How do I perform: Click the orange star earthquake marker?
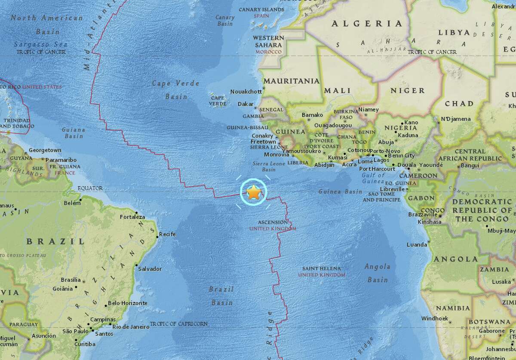[x=254, y=192]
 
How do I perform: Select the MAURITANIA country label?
[x=292, y=81]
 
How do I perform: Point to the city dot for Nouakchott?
[x=264, y=88]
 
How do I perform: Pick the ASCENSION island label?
[x=272, y=222]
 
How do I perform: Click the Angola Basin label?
[x=377, y=273]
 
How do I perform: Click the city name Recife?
[x=168, y=235]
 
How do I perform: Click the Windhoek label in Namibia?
[x=434, y=318]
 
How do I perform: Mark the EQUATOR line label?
[x=91, y=188]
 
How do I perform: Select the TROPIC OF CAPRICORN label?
[x=179, y=323]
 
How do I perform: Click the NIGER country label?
[x=407, y=91]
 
